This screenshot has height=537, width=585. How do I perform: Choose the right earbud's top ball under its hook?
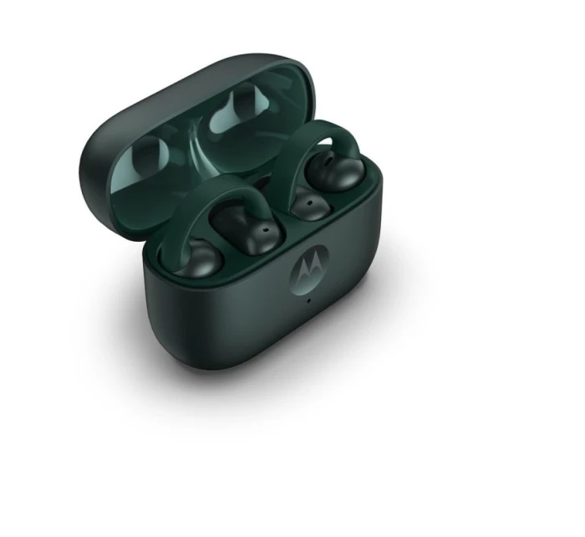coord(335,170)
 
